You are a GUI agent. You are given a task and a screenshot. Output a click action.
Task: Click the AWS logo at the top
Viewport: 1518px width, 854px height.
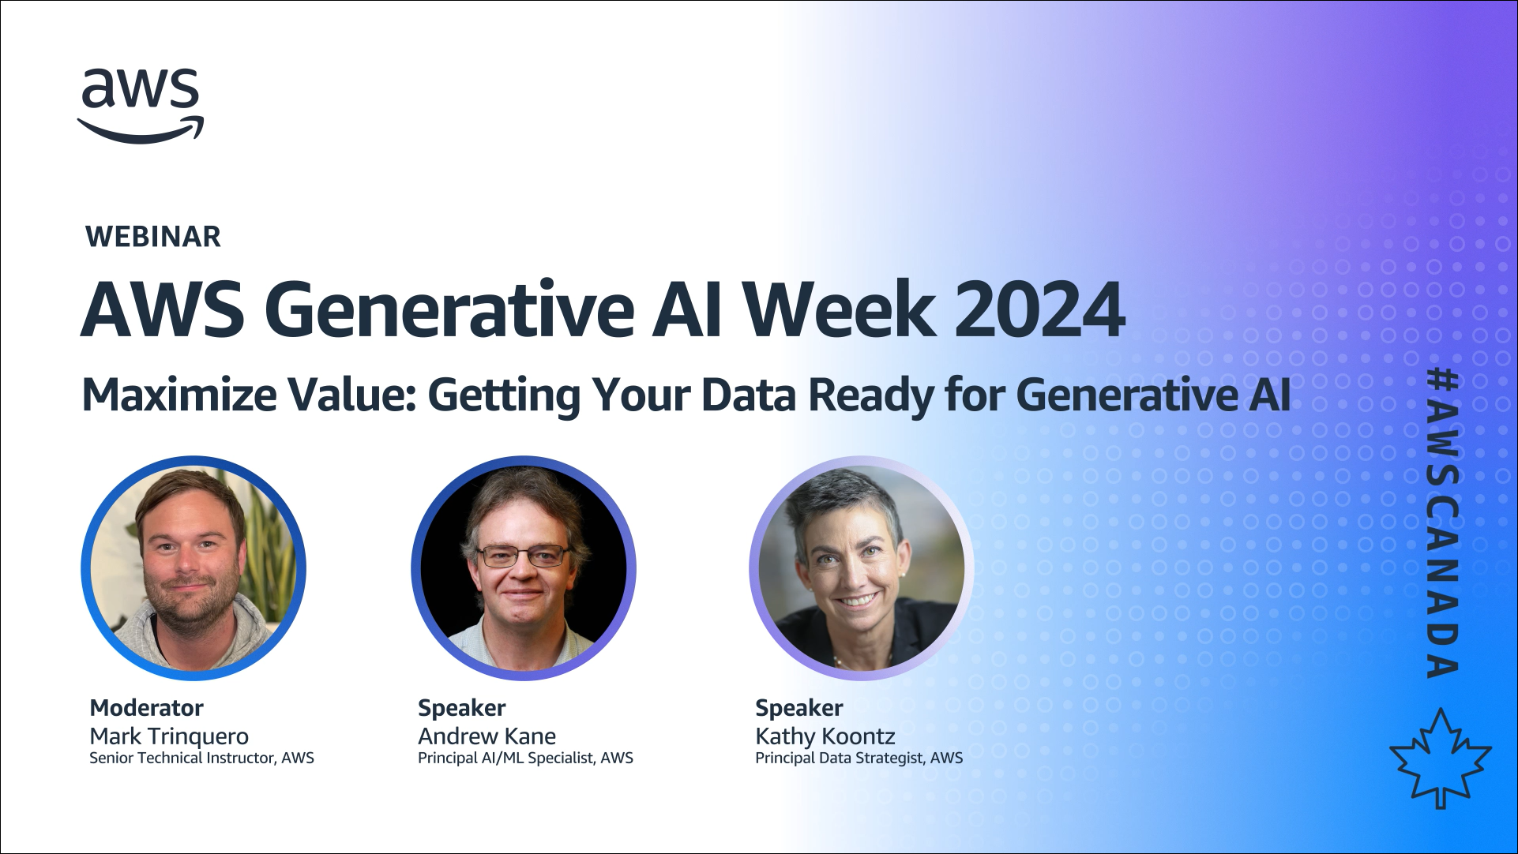point(141,106)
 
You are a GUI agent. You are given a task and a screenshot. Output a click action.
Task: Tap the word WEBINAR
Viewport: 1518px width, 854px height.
point(153,237)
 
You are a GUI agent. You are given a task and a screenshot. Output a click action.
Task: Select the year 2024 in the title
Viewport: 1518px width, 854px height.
point(1039,309)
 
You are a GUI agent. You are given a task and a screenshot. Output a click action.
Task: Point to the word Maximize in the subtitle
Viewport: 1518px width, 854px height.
point(179,394)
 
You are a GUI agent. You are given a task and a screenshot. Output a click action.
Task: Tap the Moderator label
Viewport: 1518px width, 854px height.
point(146,708)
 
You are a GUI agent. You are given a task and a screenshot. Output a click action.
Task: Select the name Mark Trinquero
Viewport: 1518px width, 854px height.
point(169,736)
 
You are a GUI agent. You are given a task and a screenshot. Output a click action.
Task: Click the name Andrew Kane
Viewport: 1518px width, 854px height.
point(487,736)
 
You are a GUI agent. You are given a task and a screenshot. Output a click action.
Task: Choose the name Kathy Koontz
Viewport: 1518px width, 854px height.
point(825,736)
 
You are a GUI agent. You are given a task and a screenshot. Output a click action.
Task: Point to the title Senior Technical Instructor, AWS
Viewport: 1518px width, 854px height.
point(201,758)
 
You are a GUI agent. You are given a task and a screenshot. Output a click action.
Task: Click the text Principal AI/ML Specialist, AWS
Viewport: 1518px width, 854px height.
point(525,758)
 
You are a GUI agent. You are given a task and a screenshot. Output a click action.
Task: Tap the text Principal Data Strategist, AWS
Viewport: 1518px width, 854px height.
point(859,758)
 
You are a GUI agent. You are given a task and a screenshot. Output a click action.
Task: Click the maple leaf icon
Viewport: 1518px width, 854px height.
point(1441,758)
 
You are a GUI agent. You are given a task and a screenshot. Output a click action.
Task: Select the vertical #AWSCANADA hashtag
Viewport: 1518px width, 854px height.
point(1442,523)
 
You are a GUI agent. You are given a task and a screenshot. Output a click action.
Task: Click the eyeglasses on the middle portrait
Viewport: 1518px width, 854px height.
point(523,556)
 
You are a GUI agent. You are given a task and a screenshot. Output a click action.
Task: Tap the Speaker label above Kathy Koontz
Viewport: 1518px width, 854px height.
point(798,708)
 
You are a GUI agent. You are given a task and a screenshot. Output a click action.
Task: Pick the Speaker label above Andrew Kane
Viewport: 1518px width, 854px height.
point(461,708)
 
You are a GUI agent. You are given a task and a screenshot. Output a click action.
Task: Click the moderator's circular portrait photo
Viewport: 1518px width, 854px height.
point(194,568)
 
